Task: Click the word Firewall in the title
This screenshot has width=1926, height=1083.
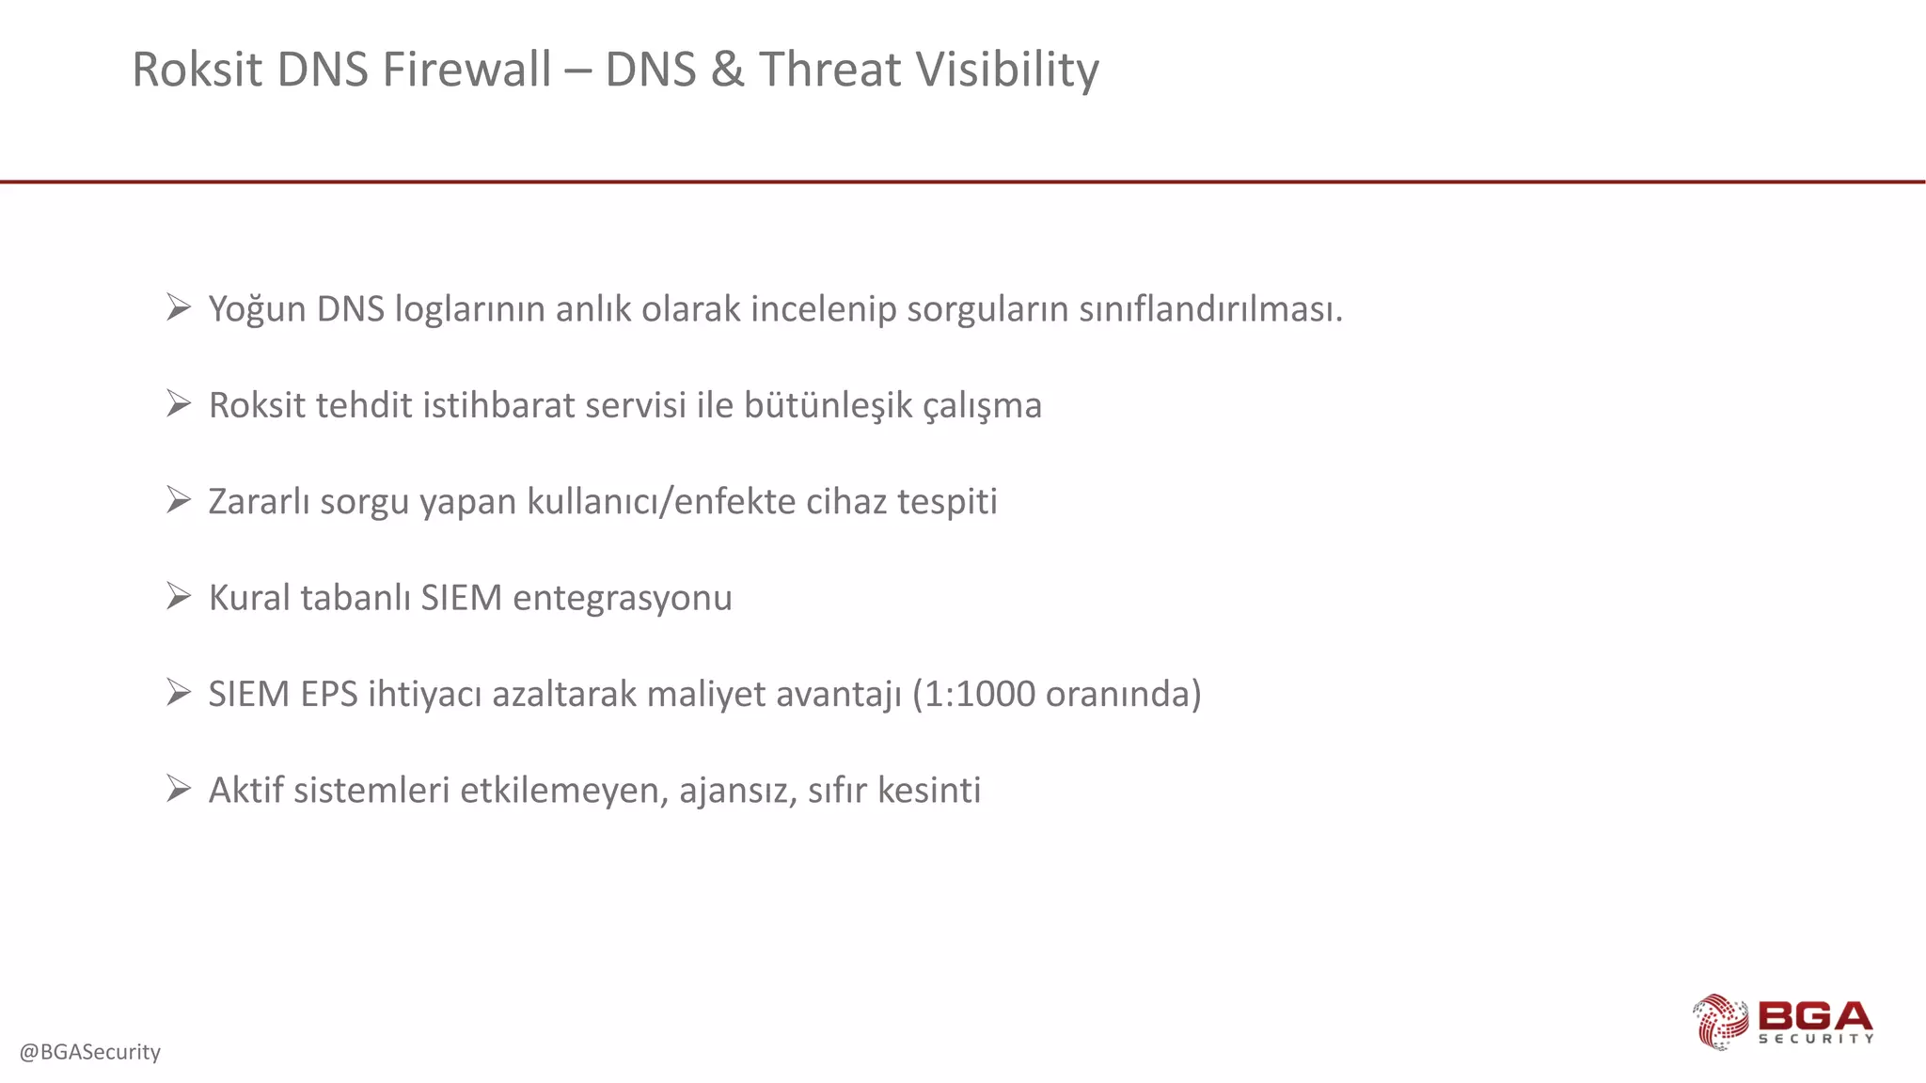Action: point(466,70)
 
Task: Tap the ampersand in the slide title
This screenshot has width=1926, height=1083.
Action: point(727,70)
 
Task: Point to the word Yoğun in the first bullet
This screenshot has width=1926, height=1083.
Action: point(257,309)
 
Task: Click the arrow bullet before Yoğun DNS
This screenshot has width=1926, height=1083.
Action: point(179,306)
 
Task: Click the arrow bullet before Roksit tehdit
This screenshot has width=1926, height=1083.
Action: point(179,403)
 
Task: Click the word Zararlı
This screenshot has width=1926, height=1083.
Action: point(259,501)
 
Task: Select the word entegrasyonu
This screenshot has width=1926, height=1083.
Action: point(622,598)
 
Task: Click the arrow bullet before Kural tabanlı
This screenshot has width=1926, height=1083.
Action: point(179,595)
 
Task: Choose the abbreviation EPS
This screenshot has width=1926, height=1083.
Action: point(329,694)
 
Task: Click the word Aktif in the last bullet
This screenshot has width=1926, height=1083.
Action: point(245,790)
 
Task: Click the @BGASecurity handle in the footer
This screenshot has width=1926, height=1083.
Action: point(90,1051)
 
